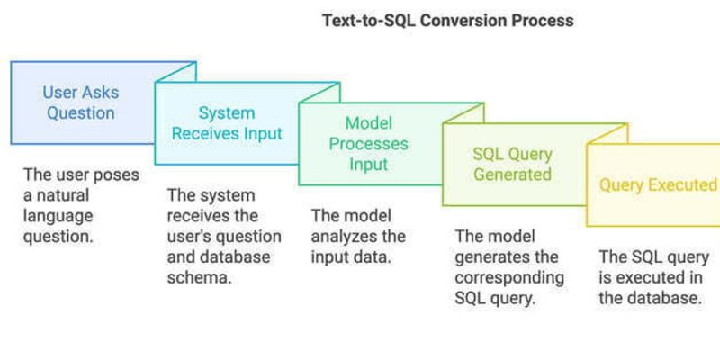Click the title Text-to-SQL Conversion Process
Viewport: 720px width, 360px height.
pos(447,20)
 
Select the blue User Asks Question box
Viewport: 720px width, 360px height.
pos(81,103)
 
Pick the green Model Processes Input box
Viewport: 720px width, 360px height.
pos(369,144)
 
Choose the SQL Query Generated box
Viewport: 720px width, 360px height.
pos(513,163)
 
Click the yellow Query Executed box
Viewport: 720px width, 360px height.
pos(657,185)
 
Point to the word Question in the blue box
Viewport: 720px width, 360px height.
pos(81,114)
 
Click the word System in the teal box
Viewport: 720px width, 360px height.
pos(227,113)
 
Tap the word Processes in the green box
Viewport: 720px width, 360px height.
pos(369,144)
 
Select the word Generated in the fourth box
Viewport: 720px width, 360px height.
pos(513,174)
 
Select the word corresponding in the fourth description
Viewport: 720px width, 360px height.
pos(509,277)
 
